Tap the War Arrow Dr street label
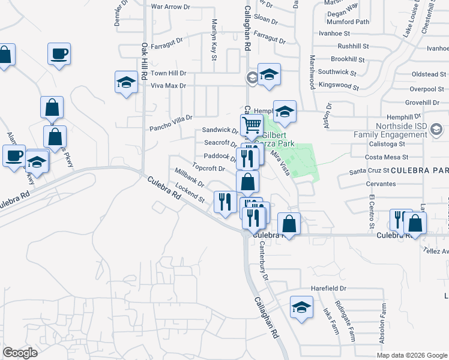click(170, 7)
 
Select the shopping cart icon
click(252, 125)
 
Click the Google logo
click(20, 353)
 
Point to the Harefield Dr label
click(329, 289)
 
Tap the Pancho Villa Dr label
click(171, 123)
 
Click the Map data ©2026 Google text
click(411, 355)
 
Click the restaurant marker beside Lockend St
click(224, 201)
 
